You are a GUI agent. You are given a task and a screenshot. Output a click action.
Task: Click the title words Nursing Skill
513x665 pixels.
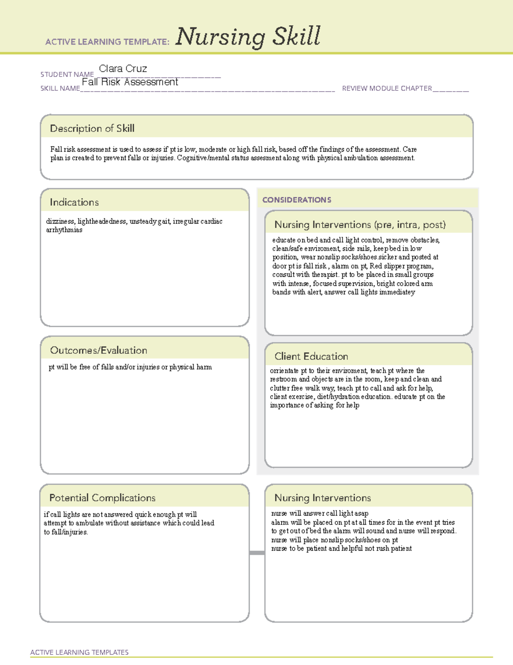(x=248, y=37)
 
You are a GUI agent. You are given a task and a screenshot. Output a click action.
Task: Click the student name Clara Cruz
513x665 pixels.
(x=123, y=69)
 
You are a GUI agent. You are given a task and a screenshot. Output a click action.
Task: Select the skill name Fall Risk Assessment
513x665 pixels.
(x=130, y=82)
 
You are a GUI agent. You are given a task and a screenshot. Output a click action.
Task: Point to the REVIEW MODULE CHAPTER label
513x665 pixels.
(x=387, y=88)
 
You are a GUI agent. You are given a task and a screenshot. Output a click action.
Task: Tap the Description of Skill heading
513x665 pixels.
(x=92, y=128)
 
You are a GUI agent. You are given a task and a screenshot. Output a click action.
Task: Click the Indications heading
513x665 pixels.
(x=74, y=202)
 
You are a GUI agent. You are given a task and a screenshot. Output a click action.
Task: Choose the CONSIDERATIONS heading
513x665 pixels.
(x=297, y=200)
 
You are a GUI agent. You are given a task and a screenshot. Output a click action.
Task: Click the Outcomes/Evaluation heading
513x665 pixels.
(x=99, y=350)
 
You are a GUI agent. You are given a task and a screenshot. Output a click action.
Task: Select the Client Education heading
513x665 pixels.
(x=311, y=356)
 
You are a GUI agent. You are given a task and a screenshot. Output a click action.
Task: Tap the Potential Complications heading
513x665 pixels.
(x=103, y=498)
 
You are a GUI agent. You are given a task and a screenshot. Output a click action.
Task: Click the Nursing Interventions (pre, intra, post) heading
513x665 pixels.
(x=360, y=225)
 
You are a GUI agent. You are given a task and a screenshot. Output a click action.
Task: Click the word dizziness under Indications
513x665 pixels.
(x=60, y=221)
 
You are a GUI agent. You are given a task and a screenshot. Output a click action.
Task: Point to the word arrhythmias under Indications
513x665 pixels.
(x=64, y=230)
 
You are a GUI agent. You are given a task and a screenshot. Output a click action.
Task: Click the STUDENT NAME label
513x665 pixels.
(x=67, y=75)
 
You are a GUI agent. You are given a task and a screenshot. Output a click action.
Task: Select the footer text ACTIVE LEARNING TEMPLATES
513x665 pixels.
(x=80, y=652)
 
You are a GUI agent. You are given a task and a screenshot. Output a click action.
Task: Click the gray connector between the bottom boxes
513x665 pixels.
(x=257, y=553)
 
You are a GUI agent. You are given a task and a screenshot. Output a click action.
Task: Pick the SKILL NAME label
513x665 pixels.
(x=60, y=88)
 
